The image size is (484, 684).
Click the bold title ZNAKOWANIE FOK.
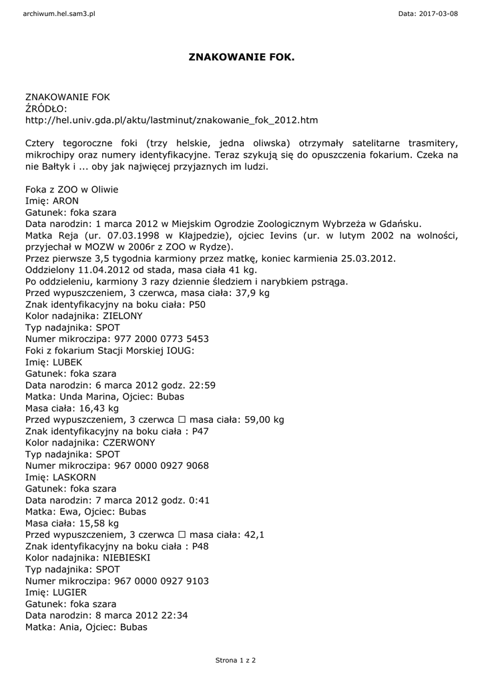pyautogui.click(x=242, y=58)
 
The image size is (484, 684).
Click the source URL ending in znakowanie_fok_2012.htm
pyautogui.click(x=172, y=120)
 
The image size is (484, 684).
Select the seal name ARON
pyautogui.click(x=65, y=200)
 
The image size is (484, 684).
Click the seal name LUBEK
pyautogui.click(x=67, y=362)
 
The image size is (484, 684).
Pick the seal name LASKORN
pyautogui.click(x=73, y=478)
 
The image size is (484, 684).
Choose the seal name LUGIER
pyautogui.click(x=69, y=592)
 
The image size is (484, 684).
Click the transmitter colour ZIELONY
pyautogui.click(x=122, y=315)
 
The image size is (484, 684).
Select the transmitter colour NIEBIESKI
pyautogui.click(x=126, y=558)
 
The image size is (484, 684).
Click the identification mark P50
pyautogui.click(x=198, y=304)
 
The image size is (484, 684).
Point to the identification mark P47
pyautogui.click(x=200, y=431)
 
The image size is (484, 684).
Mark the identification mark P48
pyautogui.click(x=200, y=546)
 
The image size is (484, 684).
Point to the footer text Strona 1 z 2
pyautogui.click(x=236, y=661)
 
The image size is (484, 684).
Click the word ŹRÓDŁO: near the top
pyautogui.click(x=47, y=109)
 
